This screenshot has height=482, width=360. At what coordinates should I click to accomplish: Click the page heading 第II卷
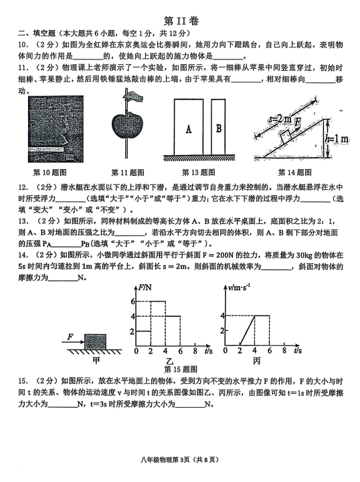click(181, 21)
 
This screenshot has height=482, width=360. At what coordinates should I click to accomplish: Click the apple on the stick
click(126, 125)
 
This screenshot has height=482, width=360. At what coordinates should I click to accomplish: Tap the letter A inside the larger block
click(189, 128)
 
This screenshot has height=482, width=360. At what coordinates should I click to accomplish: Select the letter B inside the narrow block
click(218, 128)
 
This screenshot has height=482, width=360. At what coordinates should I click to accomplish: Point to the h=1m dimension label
click(337, 139)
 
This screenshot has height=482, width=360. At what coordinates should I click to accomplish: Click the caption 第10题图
click(50, 172)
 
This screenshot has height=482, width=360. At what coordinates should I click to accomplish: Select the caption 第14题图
click(294, 172)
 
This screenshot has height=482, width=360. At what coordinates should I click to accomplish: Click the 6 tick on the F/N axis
click(132, 302)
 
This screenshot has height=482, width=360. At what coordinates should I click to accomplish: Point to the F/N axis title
click(145, 287)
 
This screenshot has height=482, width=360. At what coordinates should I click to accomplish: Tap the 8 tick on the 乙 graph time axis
click(195, 351)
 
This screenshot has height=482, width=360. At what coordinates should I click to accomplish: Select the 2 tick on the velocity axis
click(222, 330)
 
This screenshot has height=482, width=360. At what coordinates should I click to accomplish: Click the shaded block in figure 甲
click(96, 341)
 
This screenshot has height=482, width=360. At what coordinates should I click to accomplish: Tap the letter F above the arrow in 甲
click(70, 337)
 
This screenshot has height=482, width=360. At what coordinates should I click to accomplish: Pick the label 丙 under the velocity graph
click(256, 361)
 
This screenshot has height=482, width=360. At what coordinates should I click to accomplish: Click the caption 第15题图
click(181, 369)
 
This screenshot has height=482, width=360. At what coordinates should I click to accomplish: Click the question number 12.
click(23, 187)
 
